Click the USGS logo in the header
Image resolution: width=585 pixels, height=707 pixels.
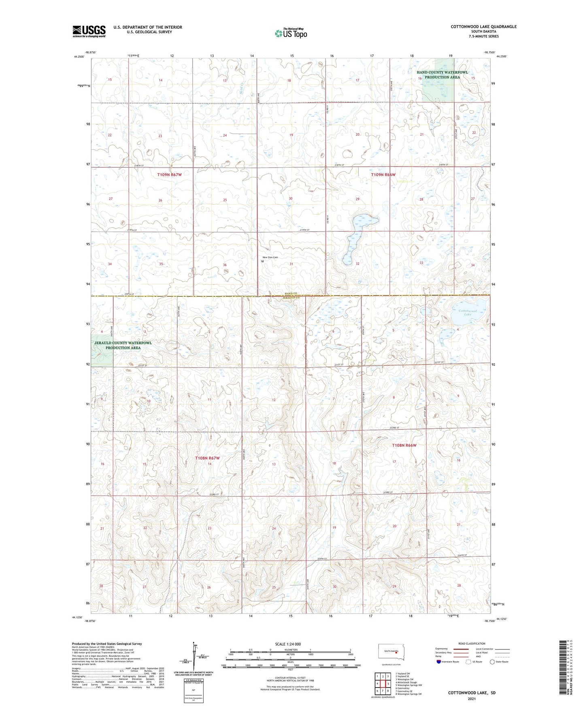pyautogui.click(x=89, y=31)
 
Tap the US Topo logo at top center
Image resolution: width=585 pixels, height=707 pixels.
pyautogui.click(x=290, y=33)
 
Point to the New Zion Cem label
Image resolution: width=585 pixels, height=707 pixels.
pyautogui.click(x=270, y=258)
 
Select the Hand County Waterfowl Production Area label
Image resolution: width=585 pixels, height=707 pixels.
pyautogui.click(x=442, y=75)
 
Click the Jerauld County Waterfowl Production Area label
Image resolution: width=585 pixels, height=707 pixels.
pyautogui.click(x=123, y=345)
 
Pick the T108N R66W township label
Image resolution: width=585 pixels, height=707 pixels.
pyautogui.click(x=404, y=445)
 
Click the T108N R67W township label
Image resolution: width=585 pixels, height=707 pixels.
pyautogui.click(x=207, y=458)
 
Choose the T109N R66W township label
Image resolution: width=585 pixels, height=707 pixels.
pyautogui.click(x=383, y=175)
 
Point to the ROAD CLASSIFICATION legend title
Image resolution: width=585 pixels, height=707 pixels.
pyautogui.click(x=472, y=643)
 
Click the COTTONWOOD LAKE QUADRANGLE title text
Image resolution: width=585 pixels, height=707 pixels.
pyautogui.click(x=483, y=27)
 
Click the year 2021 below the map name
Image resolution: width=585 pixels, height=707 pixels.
pyautogui.click(x=471, y=698)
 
